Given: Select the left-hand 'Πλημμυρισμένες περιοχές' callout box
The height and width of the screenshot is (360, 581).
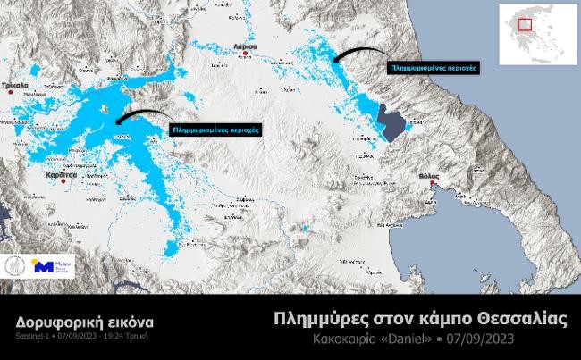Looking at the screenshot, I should [x=215, y=129].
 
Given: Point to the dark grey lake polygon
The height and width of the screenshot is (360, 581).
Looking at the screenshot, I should [x=390, y=122].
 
